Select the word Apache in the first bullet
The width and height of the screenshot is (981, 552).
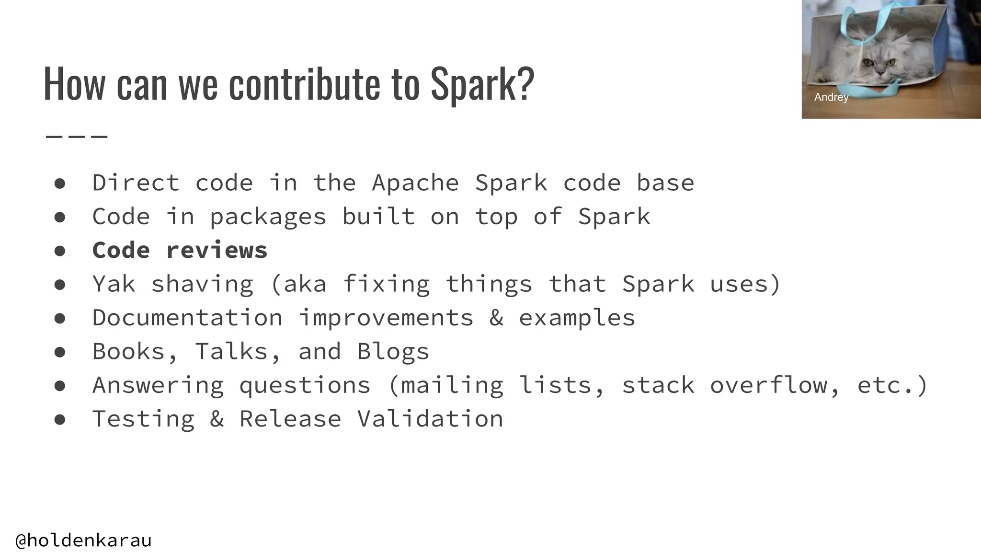(415, 183)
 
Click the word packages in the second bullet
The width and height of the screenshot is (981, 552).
(268, 217)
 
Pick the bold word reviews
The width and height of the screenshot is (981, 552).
(217, 251)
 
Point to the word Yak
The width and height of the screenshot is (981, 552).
(114, 284)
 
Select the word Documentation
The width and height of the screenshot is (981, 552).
(187, 318)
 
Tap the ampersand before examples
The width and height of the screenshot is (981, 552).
(496, 318)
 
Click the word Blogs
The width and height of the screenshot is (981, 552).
(393, 352)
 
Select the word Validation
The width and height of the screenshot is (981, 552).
(430, 419)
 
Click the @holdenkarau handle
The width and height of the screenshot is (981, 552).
(84, 540)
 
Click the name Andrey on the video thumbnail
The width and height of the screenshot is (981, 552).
(831, 97)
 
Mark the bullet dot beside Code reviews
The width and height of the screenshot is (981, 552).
(60, 251)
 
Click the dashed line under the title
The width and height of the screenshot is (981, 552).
(77, 137)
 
